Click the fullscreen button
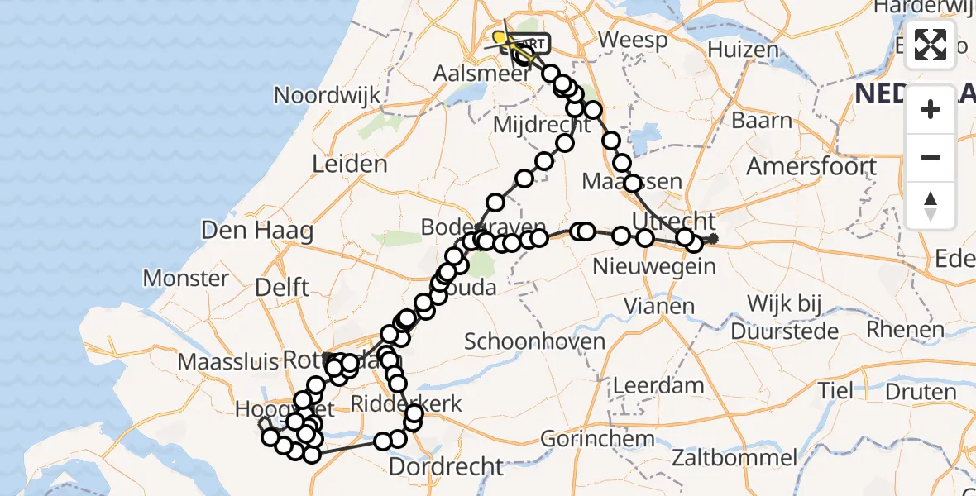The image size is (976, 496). click(x=931, y=45)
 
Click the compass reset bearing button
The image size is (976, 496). click(x=931, y=206)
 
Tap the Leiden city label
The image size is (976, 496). click(x=349, y=164)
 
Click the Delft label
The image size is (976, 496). click(x=281, y=288)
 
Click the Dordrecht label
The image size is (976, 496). click(x=446, y=466)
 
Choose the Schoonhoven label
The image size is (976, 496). click(x=534, y=341)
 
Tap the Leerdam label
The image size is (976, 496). click(x=658, y=385)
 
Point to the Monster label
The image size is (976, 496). click(x=185, y=278)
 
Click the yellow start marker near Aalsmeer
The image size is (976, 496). click(x=500, y=37)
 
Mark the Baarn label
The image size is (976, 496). click(x=762, y=121)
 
